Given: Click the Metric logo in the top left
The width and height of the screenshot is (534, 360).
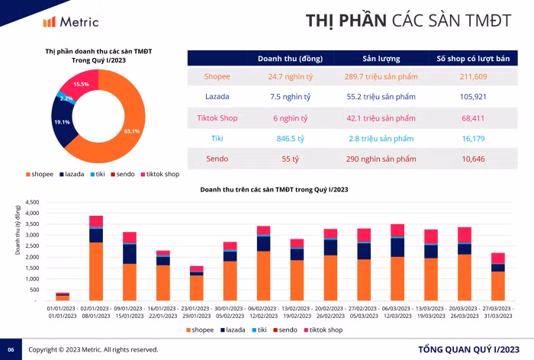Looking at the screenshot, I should [70, 21].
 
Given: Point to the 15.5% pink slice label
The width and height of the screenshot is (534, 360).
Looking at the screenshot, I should [81, 84].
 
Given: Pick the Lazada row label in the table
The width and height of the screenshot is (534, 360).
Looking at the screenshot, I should [217, 97].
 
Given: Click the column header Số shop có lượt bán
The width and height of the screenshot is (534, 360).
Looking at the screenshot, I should [473, 58].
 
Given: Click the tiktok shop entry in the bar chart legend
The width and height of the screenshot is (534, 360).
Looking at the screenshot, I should [327, 329].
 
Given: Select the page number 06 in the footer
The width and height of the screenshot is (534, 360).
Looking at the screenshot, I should [11, 349].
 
